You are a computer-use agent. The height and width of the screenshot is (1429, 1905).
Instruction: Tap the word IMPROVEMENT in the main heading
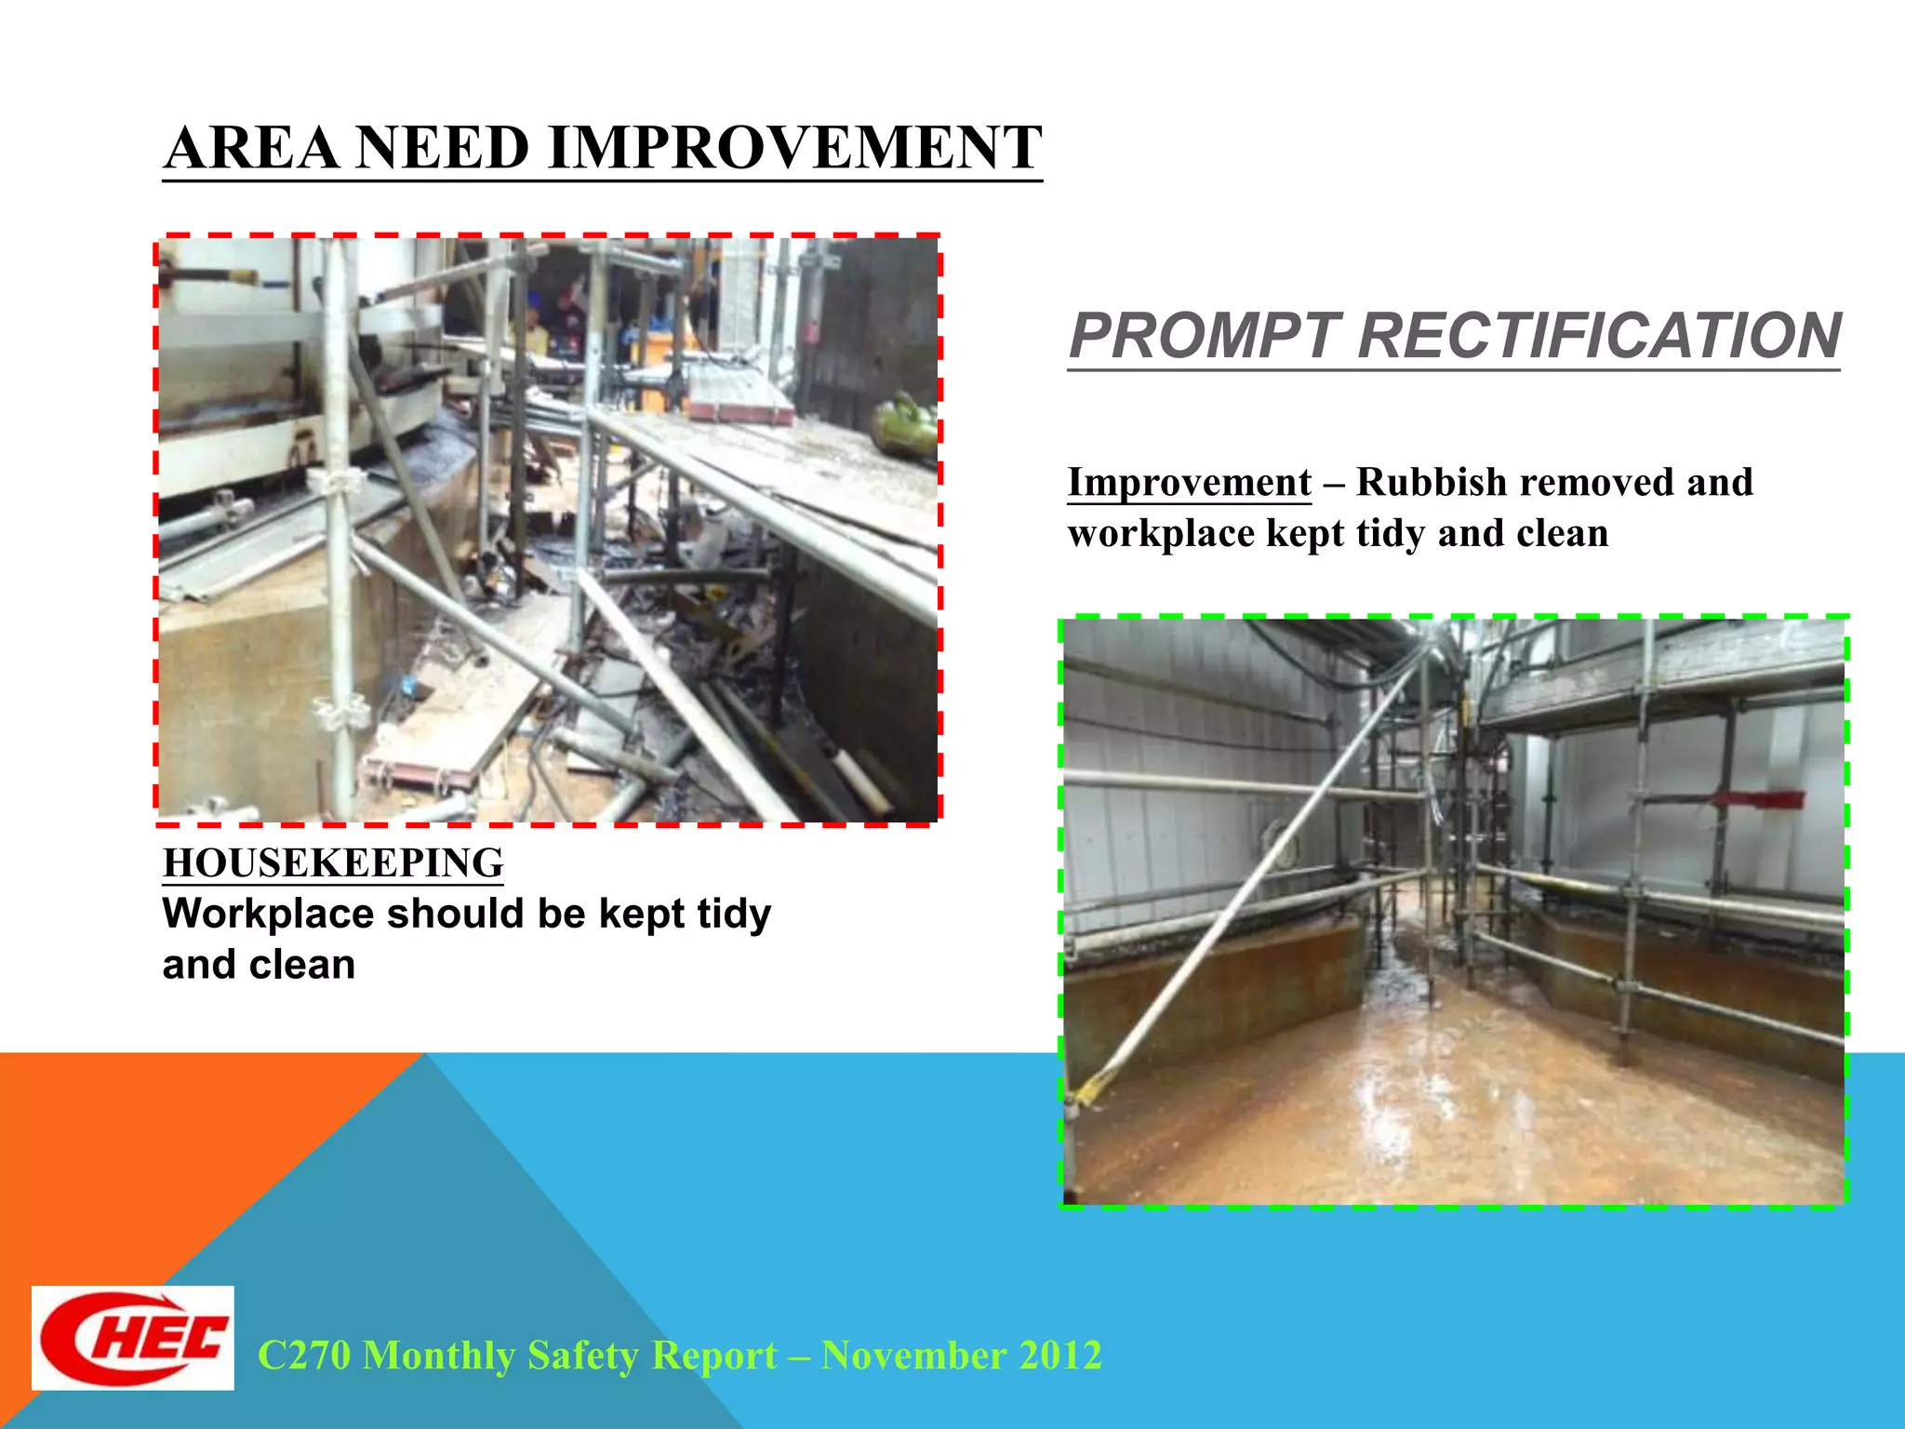(x=795, y=148)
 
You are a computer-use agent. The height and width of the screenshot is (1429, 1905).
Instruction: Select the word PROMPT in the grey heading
(x=1205, y=336)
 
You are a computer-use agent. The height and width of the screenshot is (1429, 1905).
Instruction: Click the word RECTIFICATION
(x=1599, y=336)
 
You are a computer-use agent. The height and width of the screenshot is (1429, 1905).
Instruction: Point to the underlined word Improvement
(x=1189, y=483)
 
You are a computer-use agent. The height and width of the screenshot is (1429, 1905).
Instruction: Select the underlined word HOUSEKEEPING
(x=333, y=863)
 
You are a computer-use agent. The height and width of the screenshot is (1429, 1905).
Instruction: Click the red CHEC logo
(x=133, y=1338)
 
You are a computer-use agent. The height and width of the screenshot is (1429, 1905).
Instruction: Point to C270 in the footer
(x=304, y=1356)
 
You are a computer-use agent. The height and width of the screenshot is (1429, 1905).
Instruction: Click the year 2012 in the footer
(x=1059, y=1356)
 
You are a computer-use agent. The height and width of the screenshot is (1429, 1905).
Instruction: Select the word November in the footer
(x=913, y=1356)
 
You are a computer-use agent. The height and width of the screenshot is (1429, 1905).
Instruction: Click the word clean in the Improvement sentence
(x=1562, y=534)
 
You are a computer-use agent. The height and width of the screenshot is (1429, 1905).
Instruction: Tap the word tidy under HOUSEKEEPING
(x=734, y=914)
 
